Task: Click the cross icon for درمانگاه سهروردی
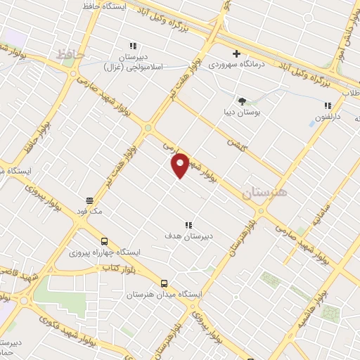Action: click(x=236, y=54)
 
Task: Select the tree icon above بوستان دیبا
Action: click(x=242, y=101)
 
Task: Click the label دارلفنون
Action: click(x=328, y=117)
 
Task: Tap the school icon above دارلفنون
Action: click(x=328, y=105)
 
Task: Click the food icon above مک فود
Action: click(x=89, y=199)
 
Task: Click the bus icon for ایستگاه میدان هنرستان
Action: click(x=164, y=283)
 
